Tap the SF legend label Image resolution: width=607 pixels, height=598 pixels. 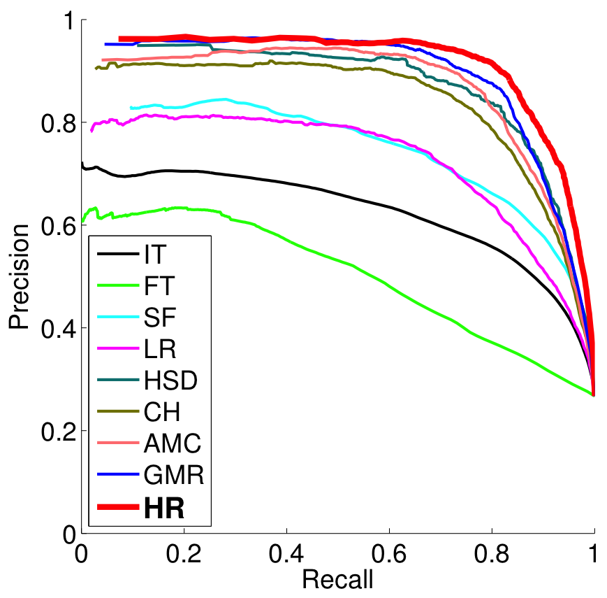point(158,318)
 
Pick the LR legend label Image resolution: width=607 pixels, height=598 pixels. point(158,350)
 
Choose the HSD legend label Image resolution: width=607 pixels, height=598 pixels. point(170,382)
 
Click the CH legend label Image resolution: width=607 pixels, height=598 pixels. point(161,413)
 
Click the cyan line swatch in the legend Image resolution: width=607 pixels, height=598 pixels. point(115,318)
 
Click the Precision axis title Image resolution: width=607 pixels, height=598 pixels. point(20,276)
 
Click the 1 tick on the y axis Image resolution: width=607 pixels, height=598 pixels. point(68,21)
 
